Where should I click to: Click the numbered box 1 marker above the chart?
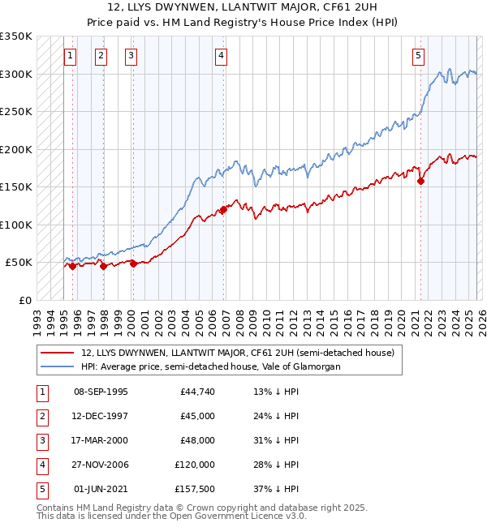click(x=71, y=56)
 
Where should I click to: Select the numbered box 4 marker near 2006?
click(x=222, y=56)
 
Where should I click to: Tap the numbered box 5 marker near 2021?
click(x=418, y=56)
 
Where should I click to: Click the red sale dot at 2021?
click(x=420, y=182)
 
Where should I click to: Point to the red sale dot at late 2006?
click(x=223, y=210)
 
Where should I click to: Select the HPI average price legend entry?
click(x=210, y=366)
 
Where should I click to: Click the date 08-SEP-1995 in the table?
click(x=101, y=392)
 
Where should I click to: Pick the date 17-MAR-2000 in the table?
click(x=101, y=440)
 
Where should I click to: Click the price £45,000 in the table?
click(x=197, y=416)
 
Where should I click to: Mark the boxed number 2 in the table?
click(x=41, y=416)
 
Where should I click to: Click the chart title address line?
click(x=243, y=7)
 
